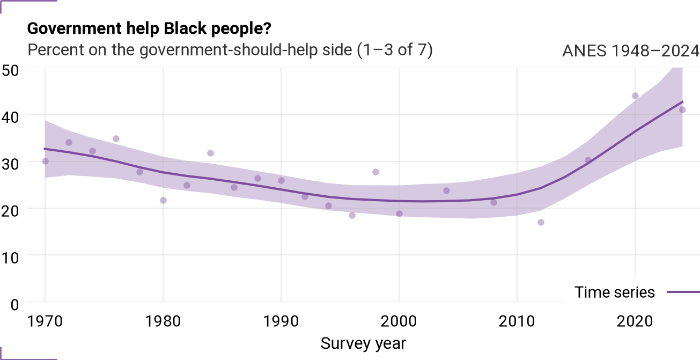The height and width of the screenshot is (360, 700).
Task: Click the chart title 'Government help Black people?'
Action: pyautogui.click(x=149, y=29)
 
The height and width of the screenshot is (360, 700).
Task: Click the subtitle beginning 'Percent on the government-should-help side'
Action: pyautogui.click(x=230, y=50)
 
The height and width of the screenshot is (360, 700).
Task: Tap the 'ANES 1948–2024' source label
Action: pyautogui.click(x=631, y=50)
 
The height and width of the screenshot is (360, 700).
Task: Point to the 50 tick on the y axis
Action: pyautogui.click(x=10, y=70)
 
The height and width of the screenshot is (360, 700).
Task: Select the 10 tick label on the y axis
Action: pyautogui.click(x=10, y=258)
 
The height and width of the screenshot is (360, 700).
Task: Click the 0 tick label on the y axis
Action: pyautogui.click(x=14, y=305)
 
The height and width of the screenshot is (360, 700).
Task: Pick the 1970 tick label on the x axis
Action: pyautogui.click(x=45, y=321)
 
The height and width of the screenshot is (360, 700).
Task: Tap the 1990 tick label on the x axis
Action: pyautogui.click(x=281, y=321)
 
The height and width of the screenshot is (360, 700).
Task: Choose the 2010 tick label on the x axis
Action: pyautogui.click(x=517, y=321)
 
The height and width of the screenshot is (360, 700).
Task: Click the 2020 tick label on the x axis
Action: pyautogui.click(x=635, y=321)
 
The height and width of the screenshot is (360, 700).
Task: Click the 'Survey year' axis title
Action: pyautogui.click(x=363, y=344)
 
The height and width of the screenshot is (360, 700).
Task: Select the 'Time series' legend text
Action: pyautogui.click(x=614, y=292)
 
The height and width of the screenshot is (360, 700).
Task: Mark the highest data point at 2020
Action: pyautogui.click(x=635, y=96)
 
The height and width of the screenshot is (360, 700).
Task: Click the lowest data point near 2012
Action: pyautogui.click(x=541, y=223)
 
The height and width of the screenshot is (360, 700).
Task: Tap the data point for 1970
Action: pyautogui.click(x=45, y=161)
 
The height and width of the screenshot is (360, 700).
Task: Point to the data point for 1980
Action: pyautogui.click(x=163, y=200)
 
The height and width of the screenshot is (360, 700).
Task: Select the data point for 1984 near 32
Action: pyautogui.click(x=210, y=153)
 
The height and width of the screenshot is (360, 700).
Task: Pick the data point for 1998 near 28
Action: pyautogui.click(x=375, y=172)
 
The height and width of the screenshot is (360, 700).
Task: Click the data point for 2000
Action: pyautogui.click(x=399, y=214)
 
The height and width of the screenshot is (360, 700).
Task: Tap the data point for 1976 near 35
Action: pyautogui.click(x=116, y=139)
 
